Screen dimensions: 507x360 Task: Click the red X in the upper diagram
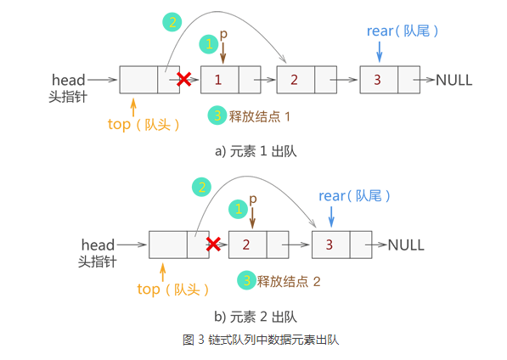(x=184, y=80)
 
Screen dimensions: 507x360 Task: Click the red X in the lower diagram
(x=213, y=244)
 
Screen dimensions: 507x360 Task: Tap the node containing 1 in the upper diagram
(x=230, y=80)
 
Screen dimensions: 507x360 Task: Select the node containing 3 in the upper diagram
(x=390, y=80)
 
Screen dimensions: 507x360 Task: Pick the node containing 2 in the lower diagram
(x=259, y=245)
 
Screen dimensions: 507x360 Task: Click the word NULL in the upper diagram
(x=454, y=80)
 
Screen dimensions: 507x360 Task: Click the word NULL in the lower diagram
(x=406, y=245)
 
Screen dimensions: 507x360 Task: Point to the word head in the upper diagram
(x=69, y=80)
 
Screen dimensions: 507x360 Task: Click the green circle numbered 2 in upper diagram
(x=172, y=22)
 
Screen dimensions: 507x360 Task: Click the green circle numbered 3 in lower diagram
(x=247, y=280)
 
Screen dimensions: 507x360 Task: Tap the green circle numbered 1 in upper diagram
(x=209, y=44)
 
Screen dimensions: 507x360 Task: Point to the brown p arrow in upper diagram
(x=223, y=53)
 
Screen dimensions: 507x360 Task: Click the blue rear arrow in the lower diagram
(x=331, y=217)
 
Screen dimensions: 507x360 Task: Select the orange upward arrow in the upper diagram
(x=133, y=108)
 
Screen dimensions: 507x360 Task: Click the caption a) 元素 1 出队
(x=256, y=151)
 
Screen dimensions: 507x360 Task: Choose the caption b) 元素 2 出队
(x=256, y=317)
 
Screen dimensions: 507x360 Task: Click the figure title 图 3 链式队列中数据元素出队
(x=261, y=340)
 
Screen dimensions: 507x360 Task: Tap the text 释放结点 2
(x=289, y=282)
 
